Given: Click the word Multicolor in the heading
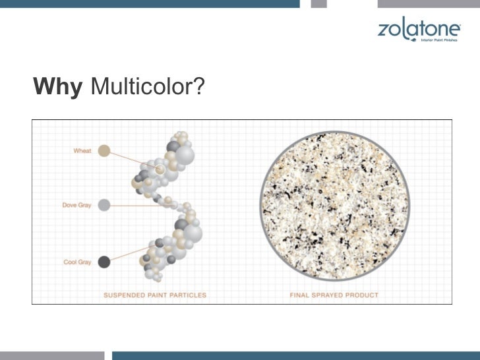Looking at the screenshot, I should point(136,86).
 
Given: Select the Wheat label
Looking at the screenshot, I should point(82,151).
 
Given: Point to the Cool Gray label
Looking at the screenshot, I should point(77,262).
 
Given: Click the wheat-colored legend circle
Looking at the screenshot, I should point(104,151).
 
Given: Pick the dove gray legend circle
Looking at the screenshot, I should point(104,205).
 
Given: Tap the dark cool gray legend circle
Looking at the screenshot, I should point(104,262).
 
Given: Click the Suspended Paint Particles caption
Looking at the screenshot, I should point(155,295).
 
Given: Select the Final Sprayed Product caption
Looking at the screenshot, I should point(334,295).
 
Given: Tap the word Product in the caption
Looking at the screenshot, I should point(365,295).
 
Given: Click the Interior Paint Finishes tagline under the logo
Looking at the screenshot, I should point(439,40).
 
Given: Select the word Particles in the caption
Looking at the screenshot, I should point(191,295).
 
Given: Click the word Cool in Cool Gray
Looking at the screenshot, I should point(70,262).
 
